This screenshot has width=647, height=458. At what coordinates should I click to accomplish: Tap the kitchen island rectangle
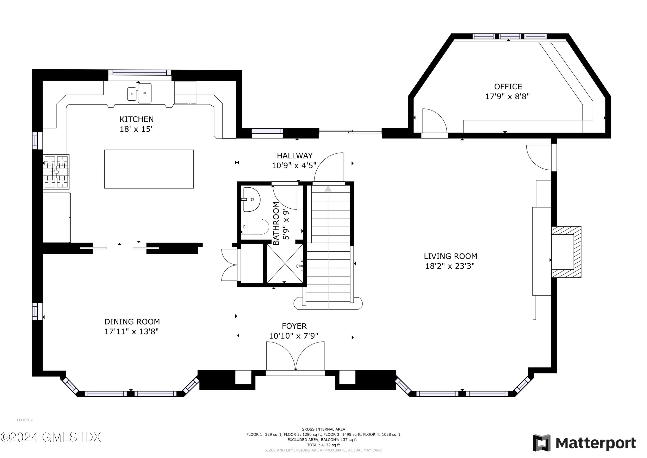pyautogui.click(x=149, y=169)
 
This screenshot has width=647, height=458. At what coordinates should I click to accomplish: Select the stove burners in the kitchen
pyautogui.click(x=56, y=172)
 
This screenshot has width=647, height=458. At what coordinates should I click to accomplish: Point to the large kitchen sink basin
pyautogui.click(x=144, y=93)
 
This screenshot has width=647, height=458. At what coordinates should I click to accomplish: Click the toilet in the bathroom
pyautogui.click(x=255, y=227)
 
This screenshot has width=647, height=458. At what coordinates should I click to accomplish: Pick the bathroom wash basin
pyautogui.click(x=251, y=199)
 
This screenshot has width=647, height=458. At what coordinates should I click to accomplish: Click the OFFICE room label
pyautogui.click(x=508, y=87)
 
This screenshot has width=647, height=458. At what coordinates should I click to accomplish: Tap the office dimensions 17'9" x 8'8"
pyautogui.click(x=507, y=97)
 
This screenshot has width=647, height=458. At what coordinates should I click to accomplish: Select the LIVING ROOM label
pyautogui.click(x=450, y=256)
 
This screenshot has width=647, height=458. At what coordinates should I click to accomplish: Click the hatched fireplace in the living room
pyautogui.click(x=566, y=252)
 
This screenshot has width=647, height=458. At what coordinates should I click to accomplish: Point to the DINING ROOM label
pyautogui.click(x=132, y=322)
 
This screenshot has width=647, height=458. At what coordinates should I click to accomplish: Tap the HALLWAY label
pyautogui.click(x=295, y=155)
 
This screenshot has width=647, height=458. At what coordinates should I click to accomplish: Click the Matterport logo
pyautogui.click(x=584, y=443)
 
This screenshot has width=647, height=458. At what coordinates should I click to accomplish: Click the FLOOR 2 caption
pyautogui.click(x=25, y=420)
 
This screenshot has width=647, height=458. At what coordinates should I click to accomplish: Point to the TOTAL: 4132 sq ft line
pyautogui.click(x=323, y=445)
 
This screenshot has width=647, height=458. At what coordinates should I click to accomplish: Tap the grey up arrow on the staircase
pyautogui.click(x=328, y=189)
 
